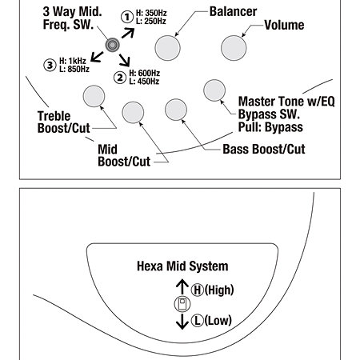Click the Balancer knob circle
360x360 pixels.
(167, 48)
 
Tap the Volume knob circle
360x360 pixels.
(234, 48)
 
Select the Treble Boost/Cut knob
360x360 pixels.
(94, 96)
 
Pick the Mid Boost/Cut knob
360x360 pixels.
(133, 113)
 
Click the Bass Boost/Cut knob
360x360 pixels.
(176, 110)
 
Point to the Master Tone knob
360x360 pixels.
(214, 90)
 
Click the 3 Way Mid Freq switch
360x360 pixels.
(112, 45)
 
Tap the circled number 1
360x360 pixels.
(127, 17)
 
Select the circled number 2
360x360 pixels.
(120, 78)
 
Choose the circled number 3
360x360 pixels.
(50, 65)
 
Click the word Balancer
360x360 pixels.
(233, 12)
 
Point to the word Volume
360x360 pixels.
(284, 25)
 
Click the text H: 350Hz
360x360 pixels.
(151, 13)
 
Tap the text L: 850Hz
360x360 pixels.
(74, 70)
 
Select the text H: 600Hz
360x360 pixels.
(145, 73)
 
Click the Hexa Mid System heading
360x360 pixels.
(182, 266)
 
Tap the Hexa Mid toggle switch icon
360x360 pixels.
(182, 304)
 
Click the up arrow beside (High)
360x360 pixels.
(182, 287)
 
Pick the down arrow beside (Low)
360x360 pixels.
(182, 322)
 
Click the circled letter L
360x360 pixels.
(198, 321)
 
